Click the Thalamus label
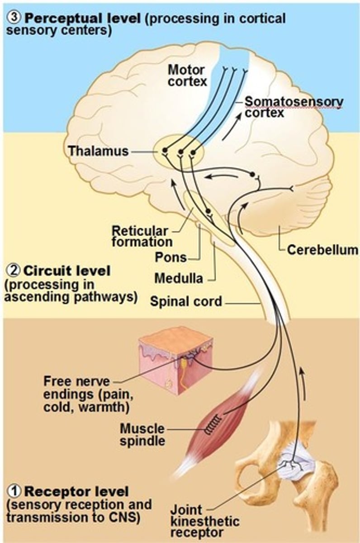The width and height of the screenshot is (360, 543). coord(98,151)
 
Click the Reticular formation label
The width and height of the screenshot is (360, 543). coord(142,236)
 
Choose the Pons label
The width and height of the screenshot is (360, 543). coord(171,257)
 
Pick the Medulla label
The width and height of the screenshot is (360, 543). coord(179,278)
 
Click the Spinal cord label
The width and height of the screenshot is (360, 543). coord(186,301)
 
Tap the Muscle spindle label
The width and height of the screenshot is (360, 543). coord(142,434)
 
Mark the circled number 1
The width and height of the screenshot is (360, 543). coord(14,491)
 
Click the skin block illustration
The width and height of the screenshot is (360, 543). coord(176,357)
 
